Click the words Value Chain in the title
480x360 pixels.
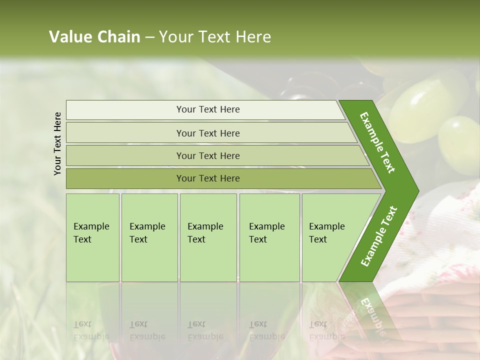click(94, 37)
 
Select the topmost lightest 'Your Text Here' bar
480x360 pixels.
click(208, 109)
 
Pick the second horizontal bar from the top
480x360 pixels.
click(208, 133)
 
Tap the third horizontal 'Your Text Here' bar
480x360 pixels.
click(208, 155)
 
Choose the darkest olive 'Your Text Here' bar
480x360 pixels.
click(208, 178)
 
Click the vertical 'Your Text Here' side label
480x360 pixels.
click(57, 143)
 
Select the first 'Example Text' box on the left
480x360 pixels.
click(92, 237)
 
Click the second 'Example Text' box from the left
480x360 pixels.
click(149, 237)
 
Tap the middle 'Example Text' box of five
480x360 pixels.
click(207, 237)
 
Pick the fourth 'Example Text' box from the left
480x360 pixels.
click(269, 237)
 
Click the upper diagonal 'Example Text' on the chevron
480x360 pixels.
click(377, 142)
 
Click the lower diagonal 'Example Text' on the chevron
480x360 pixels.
click(379, 236)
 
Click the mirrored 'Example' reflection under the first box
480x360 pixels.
click(91, 336)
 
